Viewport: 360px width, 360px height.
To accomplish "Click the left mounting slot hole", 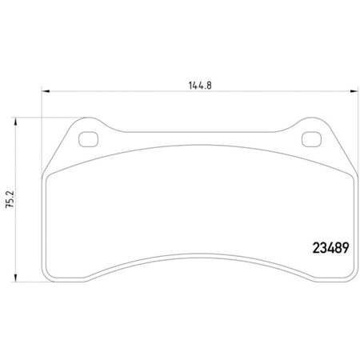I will tap(87, 141).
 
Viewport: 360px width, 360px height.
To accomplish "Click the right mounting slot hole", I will tap(310, 141).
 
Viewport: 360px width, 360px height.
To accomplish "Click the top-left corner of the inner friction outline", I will tap(50, 174).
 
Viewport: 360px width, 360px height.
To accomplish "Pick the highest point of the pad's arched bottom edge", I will tap(198, 258).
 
